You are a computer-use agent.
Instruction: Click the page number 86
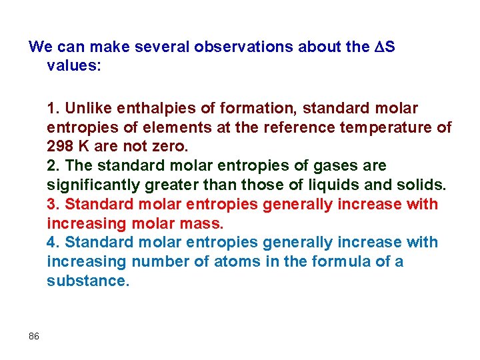tap(34, 336)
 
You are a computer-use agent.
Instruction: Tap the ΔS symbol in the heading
tap(385, 47)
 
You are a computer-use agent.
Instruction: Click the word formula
tap(335, 261)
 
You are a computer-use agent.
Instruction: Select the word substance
tap(87, 281)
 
